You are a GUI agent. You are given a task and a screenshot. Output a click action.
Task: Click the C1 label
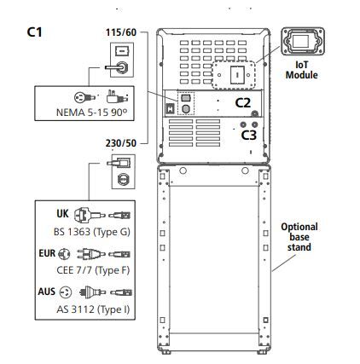(34, 32)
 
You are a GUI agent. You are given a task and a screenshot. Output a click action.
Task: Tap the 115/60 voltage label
(121, 32)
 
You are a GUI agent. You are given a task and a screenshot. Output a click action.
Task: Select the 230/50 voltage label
(121, 143)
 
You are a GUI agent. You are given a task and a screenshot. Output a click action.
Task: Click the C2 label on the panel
(243, 103)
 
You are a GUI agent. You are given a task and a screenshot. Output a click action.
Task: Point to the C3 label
(249, 135)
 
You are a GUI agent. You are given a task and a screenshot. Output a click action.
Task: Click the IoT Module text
(302, 70)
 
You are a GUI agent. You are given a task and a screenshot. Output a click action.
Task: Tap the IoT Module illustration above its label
(303, 41)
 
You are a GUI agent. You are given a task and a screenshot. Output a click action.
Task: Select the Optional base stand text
(299, 237)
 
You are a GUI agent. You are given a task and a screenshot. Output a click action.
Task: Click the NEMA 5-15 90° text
(91, 113)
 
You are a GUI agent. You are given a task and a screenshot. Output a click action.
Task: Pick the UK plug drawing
(90, 215)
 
